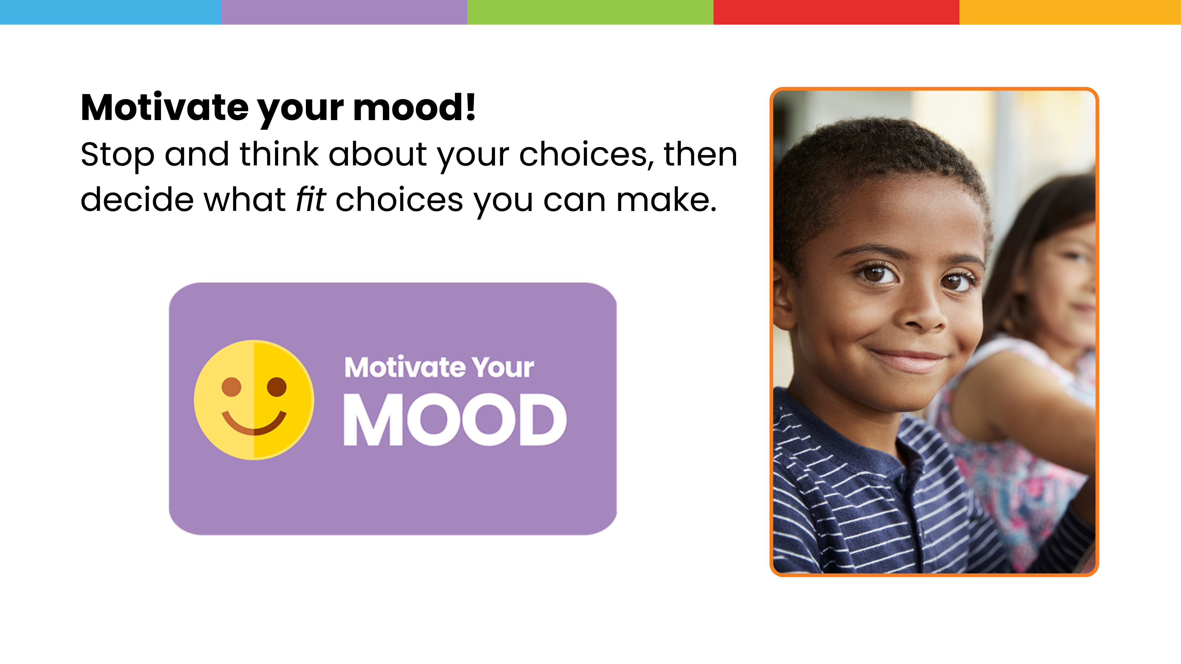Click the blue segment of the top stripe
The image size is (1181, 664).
[110, 12]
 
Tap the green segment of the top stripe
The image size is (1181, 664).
[590, 12]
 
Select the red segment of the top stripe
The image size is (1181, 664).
[836, 12]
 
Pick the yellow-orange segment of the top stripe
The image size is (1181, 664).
[1070, 12]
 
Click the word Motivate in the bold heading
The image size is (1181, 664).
[164, 108]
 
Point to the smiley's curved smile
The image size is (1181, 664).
[254, 423]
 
